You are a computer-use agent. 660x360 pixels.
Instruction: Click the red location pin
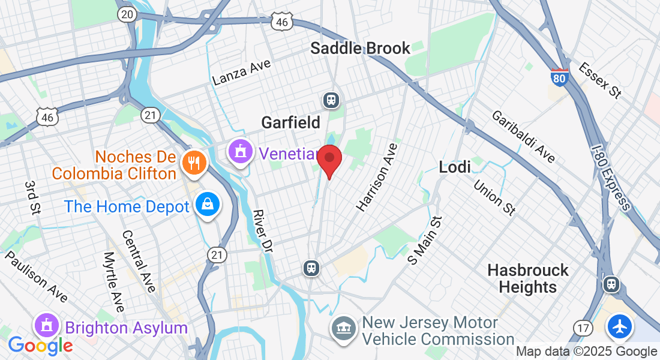click(329, 160)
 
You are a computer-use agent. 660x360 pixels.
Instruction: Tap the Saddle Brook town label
click(360, 49)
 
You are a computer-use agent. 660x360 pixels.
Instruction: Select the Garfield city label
click(291, 123)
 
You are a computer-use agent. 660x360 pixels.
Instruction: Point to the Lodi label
click(455, 167)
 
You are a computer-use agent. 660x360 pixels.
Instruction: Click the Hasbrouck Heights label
click(527, 278)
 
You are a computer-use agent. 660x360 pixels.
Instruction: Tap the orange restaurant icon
click(193, 161)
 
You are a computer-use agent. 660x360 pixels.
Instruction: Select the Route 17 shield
click(583, 328)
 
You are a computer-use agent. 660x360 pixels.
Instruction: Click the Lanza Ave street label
click(242, 73)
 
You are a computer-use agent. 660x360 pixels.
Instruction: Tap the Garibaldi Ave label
click(523, 136)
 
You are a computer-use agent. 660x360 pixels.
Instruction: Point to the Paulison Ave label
click(36, 277)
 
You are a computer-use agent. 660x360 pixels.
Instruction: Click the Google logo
click(40, 345)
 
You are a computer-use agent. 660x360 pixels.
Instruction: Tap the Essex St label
click(599, 80)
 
